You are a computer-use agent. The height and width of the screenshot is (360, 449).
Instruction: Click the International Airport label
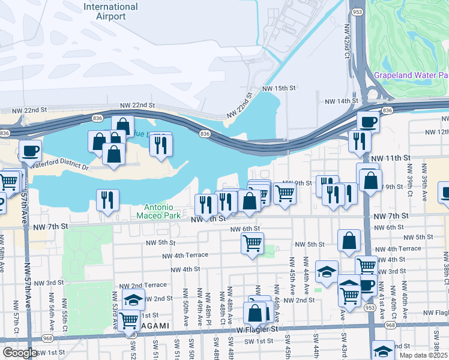pyautogui.click(x=110, y=11)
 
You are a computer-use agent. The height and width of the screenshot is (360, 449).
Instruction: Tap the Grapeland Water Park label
pyautogui.click(x=411, y=75)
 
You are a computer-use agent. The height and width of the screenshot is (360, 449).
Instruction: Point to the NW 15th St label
pyautogui.click(x=279, y=88)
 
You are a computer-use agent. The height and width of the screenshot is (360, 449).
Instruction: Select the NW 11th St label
pyautogui.click(x=390, y=157)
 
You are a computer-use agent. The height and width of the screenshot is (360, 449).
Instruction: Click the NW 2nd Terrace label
pyautogui.click(x=142, y=286)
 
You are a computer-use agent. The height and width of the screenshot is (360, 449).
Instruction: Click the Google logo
pyautogui.click(x=20, y=353)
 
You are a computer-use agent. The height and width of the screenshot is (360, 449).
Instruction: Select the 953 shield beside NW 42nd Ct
pyautogui.click(x=358, y=11)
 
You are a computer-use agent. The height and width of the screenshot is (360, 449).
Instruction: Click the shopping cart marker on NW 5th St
pyautogui.click(x=252, y=243)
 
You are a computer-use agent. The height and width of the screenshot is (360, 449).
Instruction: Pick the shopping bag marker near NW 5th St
pyautogui.click(x=349, y=241)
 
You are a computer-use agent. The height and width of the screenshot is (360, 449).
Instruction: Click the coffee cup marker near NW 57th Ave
pyautogui.click(x=30, y=151)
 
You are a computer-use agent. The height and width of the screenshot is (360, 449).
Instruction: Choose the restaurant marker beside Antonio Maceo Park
pyautogui.click(x=107, y=200)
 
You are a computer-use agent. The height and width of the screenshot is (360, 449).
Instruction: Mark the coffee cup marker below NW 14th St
pyautogui.click(x=368, y=122)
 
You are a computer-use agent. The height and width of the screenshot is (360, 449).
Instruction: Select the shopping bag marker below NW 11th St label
pyautogui.click(x=370, y=179)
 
